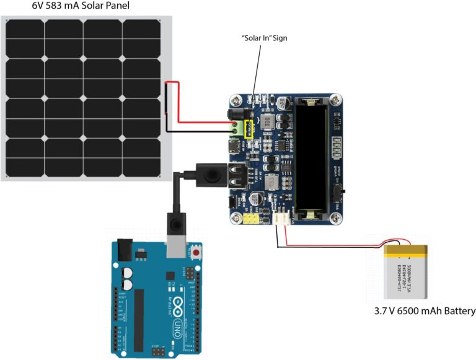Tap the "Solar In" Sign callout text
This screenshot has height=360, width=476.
[265, 38]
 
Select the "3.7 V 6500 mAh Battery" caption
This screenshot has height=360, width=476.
[425, 311]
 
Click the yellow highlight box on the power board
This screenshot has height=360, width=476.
[250, 128]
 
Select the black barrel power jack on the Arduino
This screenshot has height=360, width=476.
[124, 251]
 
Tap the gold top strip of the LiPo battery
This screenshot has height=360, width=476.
[405, 250]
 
